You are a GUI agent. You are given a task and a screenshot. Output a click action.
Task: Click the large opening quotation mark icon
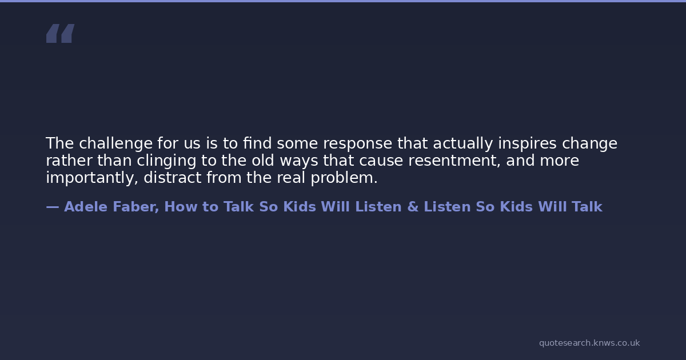[61, 33]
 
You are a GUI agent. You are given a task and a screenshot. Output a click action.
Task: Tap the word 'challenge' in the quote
[115, 143]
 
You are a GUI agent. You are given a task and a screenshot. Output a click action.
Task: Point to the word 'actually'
[462, 143]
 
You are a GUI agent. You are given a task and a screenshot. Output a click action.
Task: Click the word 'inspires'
[527, 143]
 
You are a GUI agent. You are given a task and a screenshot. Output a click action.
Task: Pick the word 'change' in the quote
[589, 143]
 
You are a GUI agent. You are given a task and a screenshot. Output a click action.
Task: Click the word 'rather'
[69, 161]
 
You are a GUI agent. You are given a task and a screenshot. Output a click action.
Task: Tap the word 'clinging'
[166, 161]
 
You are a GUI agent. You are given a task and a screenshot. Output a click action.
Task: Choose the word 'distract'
[173, 178]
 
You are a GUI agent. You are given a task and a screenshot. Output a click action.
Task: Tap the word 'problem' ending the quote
[342, 178]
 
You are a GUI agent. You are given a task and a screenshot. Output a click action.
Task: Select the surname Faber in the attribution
[134, 207]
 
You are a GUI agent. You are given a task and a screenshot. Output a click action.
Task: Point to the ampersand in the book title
[413, 207]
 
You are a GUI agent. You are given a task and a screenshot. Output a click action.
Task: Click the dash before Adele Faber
[53, 207]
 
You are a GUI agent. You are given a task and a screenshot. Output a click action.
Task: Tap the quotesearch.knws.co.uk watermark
[589, 343]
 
